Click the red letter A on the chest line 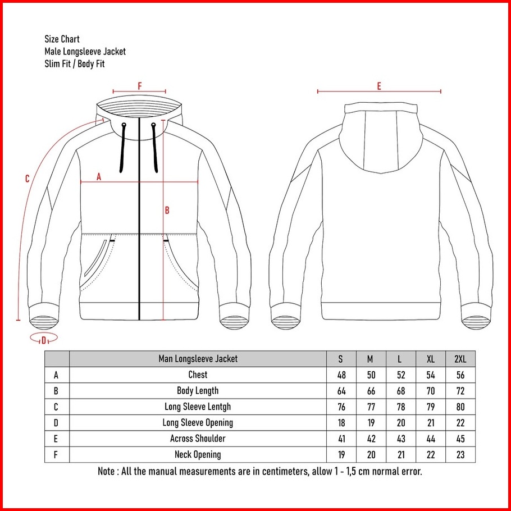click(x=99, y=176)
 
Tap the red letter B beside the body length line click(x=167, y=211)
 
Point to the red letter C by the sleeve click(x=27, y=179)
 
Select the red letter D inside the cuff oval click(x=43, y=339)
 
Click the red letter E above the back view click(x=379, y=86)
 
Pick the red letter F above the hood click(x=140, y=86)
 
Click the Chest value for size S click(x=341, y=375)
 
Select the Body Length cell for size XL click(x=430, y=391)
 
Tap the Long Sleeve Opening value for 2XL click(x=460, y=423)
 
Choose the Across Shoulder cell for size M click(x=371, y=439)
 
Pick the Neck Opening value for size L click(x=400, y=455)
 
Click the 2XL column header click(x=460, y=359)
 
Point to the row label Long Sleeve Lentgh click(x=197, y=407)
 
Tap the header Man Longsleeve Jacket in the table click(x=198, y=359)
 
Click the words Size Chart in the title click(x=62, y=39)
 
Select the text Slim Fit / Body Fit click(x=75, y=64)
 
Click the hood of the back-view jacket click(x=380, y=135)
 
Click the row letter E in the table click(x=56, y=439)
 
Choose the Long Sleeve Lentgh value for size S click(x=341, y=407)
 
